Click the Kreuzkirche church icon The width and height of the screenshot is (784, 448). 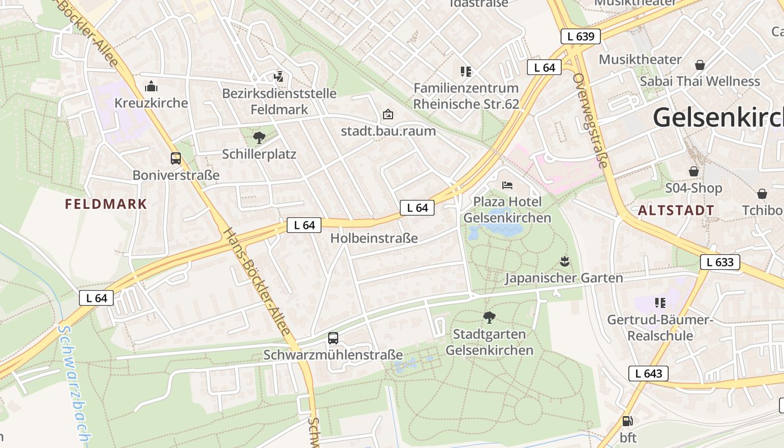[x=151, y=86]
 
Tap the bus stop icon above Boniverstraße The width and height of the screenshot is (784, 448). [x=176, y=158]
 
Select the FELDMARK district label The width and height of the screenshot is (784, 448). [x=106, y=204]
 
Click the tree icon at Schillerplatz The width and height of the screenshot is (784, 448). [x=259, y=137]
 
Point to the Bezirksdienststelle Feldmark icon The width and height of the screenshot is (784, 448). [x=278, y=76]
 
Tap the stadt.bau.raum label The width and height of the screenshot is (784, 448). [x=388, y=131]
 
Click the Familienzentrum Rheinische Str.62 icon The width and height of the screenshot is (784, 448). [x=465, y=71]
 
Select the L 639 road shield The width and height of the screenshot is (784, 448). [x=580, y=37]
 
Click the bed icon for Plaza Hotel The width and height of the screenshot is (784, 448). [x=507, y=185]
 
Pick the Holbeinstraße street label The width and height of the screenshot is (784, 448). [x=374, y=238]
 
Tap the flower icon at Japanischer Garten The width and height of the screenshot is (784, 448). [x=564, y=261]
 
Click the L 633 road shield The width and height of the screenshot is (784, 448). [x=720, y=262]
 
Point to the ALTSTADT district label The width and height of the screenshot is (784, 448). [x=676, y=211]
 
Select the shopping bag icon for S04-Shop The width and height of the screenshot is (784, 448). [x=693, y=171]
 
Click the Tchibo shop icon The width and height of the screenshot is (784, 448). [x=762, y=194]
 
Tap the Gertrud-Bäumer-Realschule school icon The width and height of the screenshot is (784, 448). [x=660, y=303]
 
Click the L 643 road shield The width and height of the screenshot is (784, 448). [x=648, y=374]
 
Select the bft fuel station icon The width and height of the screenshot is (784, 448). [x=628, y=421]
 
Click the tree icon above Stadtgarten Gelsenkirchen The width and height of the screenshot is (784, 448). [x=489, y=318]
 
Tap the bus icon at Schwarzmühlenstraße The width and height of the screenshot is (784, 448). [x=333, y=338]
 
